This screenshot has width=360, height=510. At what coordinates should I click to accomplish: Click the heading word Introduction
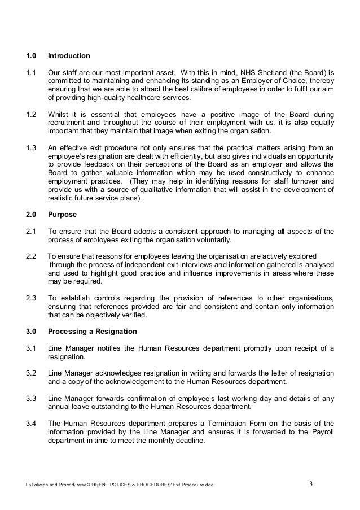pyautogui.click(x=69, y=56)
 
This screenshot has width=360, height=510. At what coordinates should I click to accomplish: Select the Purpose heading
pyautogui.click(x=63, y=215)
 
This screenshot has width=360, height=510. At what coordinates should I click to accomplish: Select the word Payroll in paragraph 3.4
pyautogui.click(x=321, y=431)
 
